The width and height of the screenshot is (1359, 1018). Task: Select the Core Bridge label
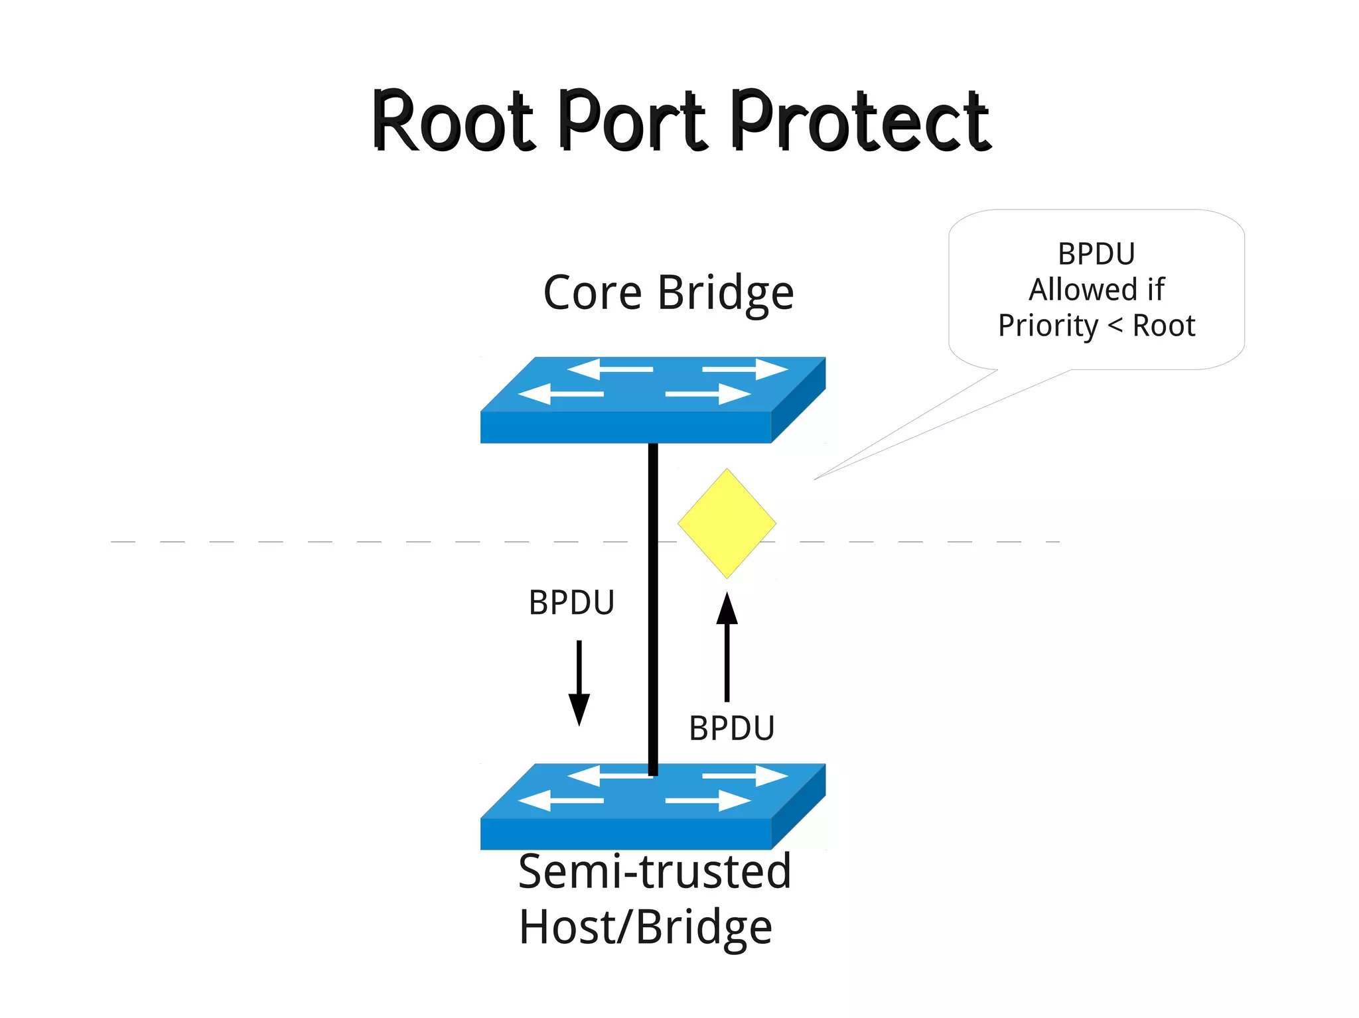click(668, 292)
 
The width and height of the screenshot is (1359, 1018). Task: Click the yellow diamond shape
click(727, 523)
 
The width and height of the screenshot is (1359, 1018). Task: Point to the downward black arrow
click(579, 683)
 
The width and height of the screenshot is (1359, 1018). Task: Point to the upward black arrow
click(727, 647)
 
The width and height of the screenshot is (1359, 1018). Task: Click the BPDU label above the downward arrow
click(571, 603)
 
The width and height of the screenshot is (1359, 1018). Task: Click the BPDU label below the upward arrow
click(731, 728)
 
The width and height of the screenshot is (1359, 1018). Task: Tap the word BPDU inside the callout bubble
click(1096, 254)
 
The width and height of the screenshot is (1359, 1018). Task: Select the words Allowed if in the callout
click(1096, 290)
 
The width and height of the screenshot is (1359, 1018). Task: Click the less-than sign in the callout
click(1115, 326)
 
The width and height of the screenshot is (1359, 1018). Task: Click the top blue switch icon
click(652, 400)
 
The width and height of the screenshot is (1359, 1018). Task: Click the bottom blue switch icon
click(652, 806)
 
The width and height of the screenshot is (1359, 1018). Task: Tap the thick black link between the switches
click(653, 597)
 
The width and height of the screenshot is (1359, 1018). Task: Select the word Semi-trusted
click(654, 872)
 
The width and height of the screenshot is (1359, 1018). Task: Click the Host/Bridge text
click(645, 927)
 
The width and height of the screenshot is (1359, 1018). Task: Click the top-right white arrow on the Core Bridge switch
click(745, 369)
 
